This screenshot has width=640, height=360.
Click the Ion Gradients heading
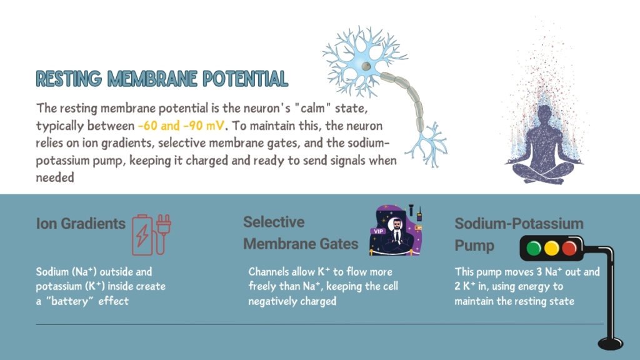click(x=81, y=224)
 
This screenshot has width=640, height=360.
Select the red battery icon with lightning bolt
click(x=142, y=235)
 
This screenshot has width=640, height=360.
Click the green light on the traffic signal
click(x=534, y=248)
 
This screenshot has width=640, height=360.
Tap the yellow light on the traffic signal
click(x=551, y=248)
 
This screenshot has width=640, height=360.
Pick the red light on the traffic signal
click(x=569, y=248)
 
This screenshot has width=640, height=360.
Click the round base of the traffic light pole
click(x=611, y=343)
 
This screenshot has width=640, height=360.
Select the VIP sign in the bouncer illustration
click(x=378, y=231)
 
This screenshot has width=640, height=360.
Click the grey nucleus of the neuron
click(x=366, y=66)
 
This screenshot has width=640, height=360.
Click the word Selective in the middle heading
click(x=274, y=222)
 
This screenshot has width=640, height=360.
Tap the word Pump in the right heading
click(x=474, y=246)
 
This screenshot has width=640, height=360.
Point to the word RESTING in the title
click(x=69, y=79)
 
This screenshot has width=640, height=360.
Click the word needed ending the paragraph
click(x=55, y=177)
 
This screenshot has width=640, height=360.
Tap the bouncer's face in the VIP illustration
click(x=396, y=224)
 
